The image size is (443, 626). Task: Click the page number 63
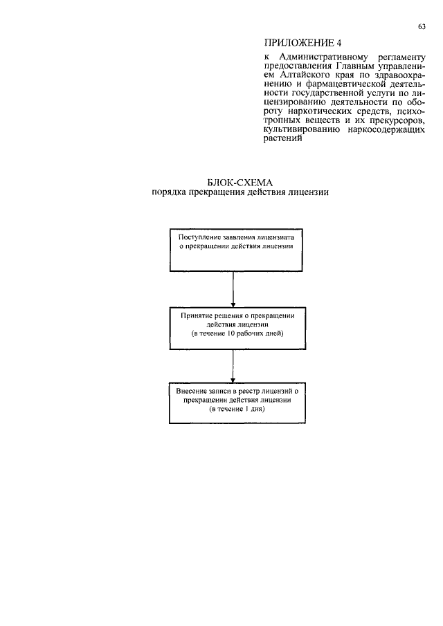(422, 27)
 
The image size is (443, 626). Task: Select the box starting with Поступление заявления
(235, 250)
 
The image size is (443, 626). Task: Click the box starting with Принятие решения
(235, 324)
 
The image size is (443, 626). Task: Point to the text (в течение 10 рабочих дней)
(237, 333)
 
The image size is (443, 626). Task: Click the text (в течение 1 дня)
(237, 409)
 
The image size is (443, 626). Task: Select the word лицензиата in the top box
(280, 237)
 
